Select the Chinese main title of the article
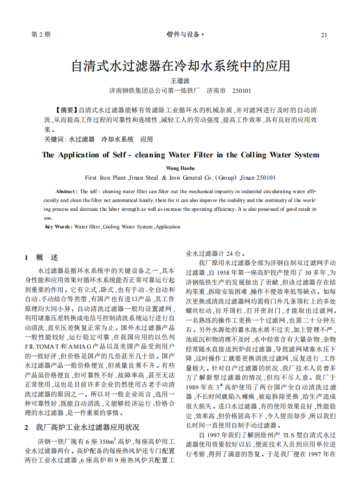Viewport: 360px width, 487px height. tap(180, 65)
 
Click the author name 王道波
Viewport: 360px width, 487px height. tap(180, 81)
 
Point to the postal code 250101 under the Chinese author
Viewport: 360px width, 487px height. tap(241, 91)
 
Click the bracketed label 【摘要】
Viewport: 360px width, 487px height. tap(66, 110)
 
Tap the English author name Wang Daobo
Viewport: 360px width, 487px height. tap(180, 168)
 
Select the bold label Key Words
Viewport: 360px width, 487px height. tap(58, 227)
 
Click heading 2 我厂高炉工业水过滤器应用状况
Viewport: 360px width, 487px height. tap(82, 427)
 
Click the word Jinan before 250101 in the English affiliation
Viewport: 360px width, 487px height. tap(248, 178)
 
